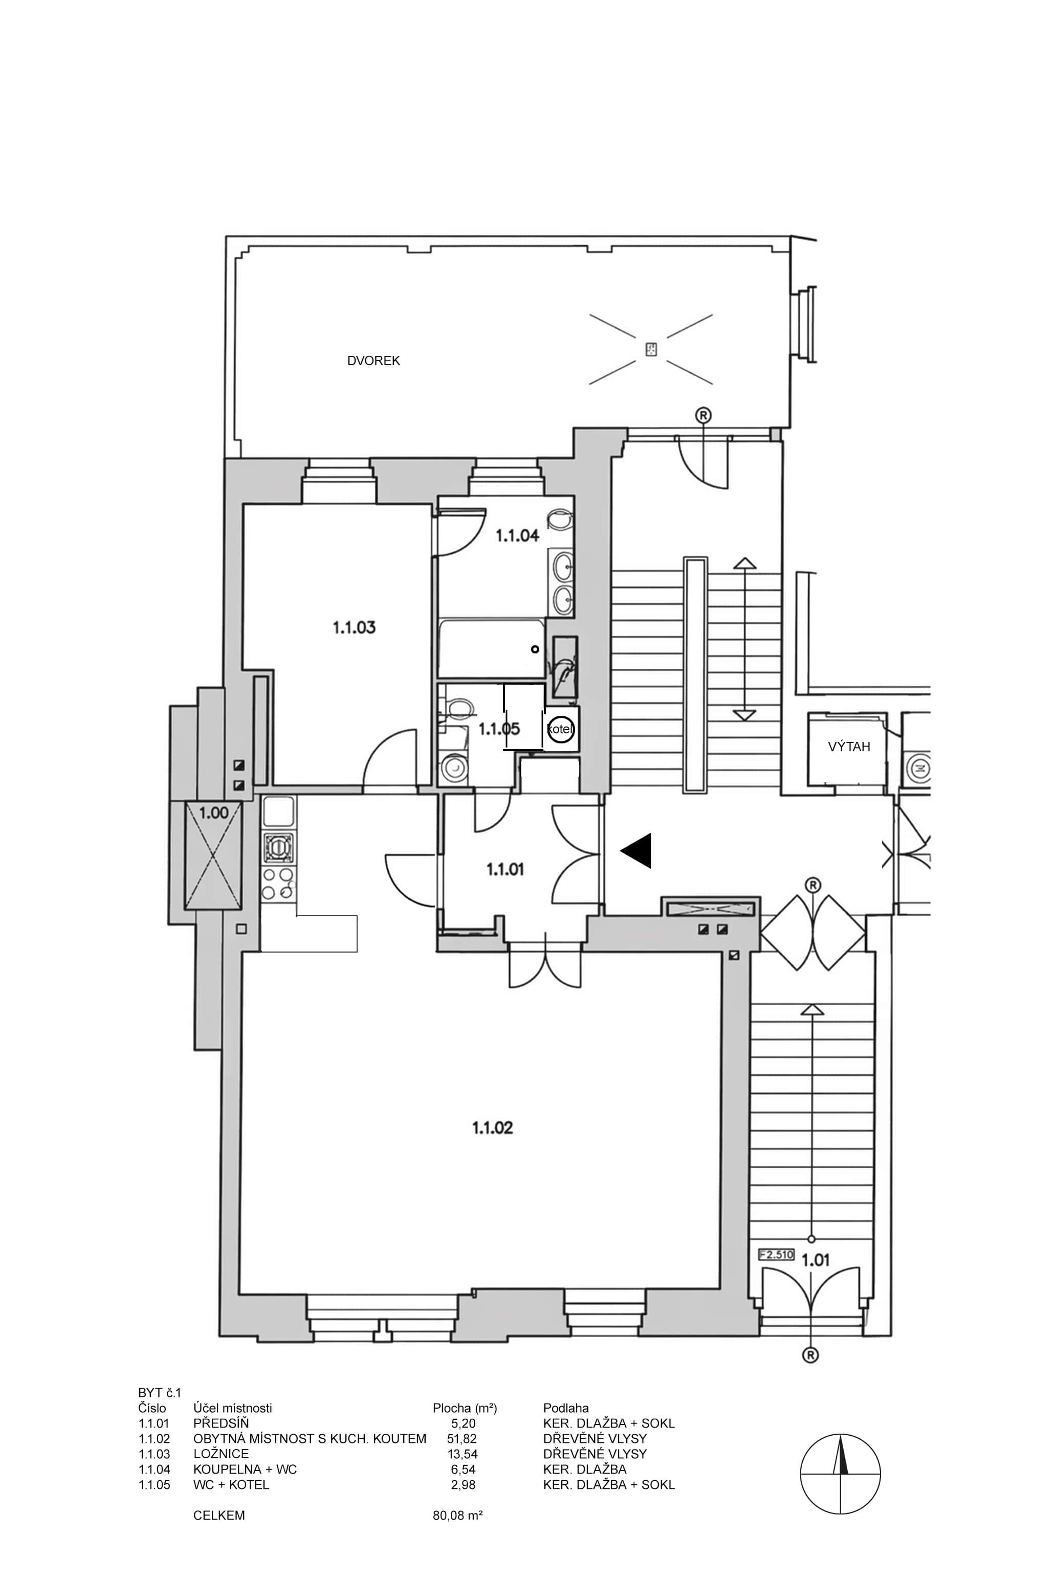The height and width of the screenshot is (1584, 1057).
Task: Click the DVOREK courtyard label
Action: click(x=373, y=360)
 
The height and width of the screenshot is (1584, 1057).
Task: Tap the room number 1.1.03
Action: click(x=354, y=627)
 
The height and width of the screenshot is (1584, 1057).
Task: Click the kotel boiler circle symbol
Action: click(x=560, y=729)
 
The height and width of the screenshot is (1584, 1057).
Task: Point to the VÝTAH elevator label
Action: click(x=849, y=746)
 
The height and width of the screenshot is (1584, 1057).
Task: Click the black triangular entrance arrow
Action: click(x=637, y=850)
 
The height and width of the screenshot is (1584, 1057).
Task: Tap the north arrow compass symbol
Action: click(x=841, y=1474)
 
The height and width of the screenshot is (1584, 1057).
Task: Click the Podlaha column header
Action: click(x=565, y=1408)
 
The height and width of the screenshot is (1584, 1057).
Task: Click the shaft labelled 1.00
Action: click(x=213, y=856)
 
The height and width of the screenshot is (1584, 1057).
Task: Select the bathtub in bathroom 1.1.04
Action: click(x=491, y=649)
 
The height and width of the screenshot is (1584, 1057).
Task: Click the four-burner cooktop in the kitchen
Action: click(x=278, y=884)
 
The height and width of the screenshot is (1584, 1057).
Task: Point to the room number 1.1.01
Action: click(x=505, y=869)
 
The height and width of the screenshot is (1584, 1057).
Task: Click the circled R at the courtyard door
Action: click(x=703, y=415)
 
